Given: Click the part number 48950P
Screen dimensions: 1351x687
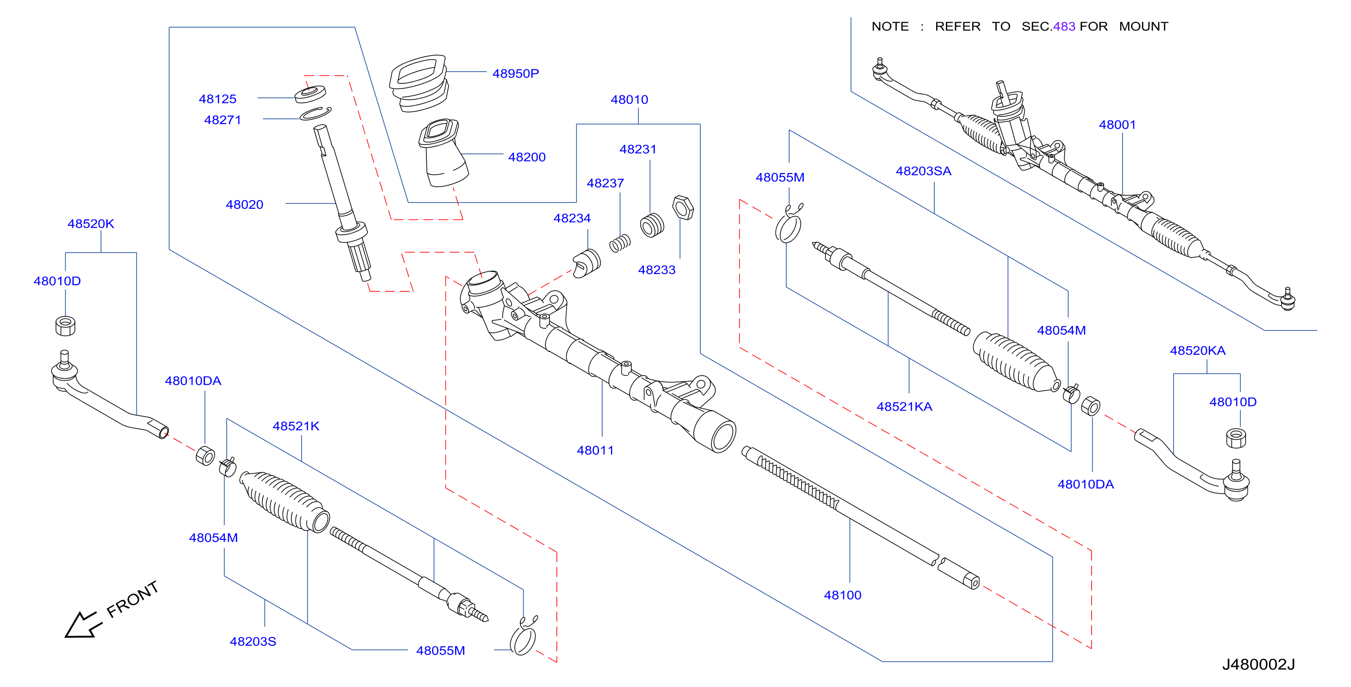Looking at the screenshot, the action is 515,74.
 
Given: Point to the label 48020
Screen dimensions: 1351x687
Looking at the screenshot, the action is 244,204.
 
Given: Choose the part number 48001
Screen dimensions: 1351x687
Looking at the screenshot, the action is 1117,125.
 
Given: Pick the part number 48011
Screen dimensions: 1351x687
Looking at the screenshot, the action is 595,450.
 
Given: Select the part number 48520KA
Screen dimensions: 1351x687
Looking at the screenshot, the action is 1197,350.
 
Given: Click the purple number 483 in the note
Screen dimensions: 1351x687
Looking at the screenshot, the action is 1064,26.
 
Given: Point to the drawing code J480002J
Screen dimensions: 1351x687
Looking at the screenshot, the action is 1258,664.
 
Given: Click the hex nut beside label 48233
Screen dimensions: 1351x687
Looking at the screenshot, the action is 682,207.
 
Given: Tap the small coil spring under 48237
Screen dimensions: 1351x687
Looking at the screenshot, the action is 619,243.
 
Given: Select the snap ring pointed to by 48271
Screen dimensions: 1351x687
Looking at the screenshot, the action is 315,113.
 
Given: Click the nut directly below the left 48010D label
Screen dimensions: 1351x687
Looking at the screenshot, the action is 65,325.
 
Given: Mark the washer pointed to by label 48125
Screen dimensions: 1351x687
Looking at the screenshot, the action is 309,94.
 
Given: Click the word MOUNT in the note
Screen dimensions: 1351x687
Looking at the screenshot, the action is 1143,26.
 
